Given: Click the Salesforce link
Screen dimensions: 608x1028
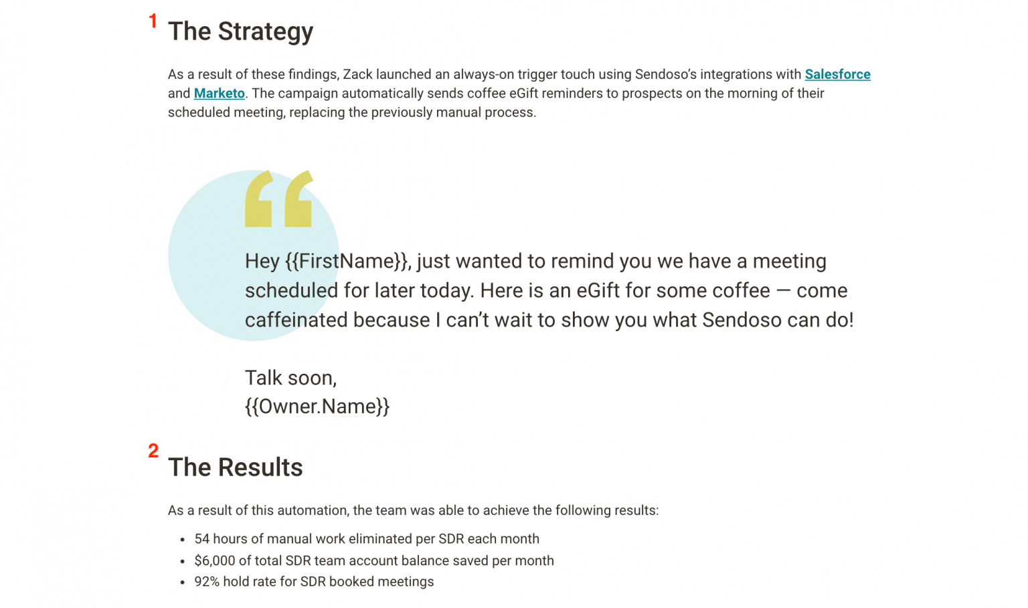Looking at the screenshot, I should pyautogui.click(x=837, y=74).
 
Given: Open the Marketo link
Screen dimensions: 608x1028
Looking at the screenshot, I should pyautogui.click(x=219, y=94).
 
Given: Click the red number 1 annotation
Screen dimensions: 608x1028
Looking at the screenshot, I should pyautogui.click(x=153, y=21).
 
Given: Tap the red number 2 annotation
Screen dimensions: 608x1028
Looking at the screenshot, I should pyautogui.click(x=153, y=451).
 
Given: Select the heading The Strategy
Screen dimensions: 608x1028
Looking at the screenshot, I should pyautogui.click(x=240, y=31).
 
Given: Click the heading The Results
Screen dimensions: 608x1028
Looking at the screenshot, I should pyautogui.click(x=235, y=468).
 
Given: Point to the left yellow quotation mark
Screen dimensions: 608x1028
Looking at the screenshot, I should pyautogui.click(x=259, y=199).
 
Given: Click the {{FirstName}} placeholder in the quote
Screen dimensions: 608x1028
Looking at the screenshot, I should pyautogui.click(x=346, y=261).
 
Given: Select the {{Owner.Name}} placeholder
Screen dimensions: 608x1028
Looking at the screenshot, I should pyautogui.click(x=317, y=407).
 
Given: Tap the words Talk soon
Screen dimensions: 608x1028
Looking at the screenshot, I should pyautogui.click(x=290, y=378).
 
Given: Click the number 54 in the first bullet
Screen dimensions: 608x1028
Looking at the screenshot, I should pyautogui.click(x=201, y=539).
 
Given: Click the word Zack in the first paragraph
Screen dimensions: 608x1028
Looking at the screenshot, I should pyautogui.click(x=357, y=74).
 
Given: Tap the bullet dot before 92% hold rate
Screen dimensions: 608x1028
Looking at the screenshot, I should pyautogui.click(x=182, y=583).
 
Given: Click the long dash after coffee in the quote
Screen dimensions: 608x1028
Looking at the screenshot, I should pyautogui.click(x=783, y=291).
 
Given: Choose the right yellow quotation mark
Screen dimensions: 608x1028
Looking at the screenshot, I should pyautogui.click(x=298, y=199).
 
